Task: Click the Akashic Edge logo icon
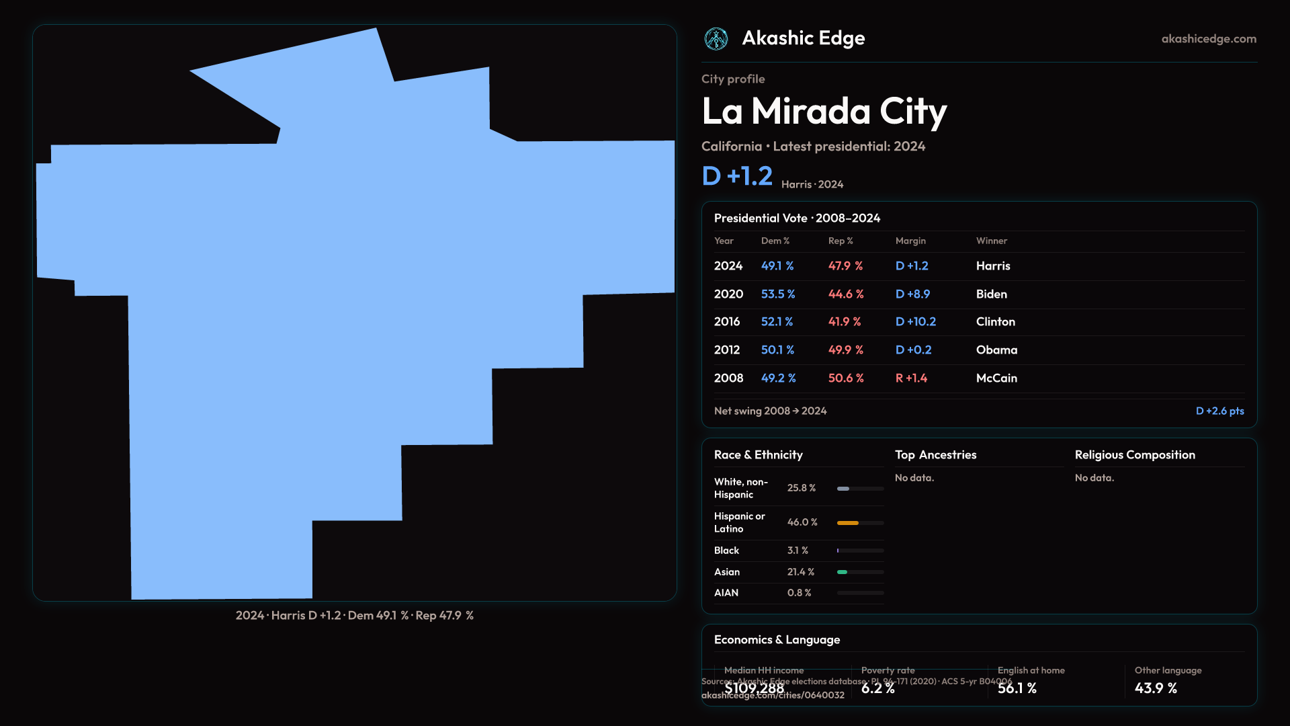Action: pos(716,39)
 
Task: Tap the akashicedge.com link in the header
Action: pos(1208,39)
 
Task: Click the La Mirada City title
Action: pos(824,111)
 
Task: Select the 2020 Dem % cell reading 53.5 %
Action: pos(777,294)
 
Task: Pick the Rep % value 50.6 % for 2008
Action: pos(845,378)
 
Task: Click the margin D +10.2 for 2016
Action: pos(915,321)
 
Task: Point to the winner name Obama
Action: pos(996,350)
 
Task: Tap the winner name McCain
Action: pos(996,378)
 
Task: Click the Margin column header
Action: pos(910,241)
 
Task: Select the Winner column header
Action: pos(991,241)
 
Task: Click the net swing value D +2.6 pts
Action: pos(1219,411)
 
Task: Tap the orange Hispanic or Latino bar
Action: pos(848,522)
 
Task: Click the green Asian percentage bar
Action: pos(842,572)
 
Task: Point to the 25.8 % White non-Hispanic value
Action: pos(801,488)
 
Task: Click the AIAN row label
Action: pos(726,593)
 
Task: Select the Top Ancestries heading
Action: pos(935,454)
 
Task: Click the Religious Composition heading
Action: pos(1134,454)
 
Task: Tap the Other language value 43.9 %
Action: pos(1156,688)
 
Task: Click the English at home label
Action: pos(1031,670)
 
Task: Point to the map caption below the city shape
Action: pos(354,615)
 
